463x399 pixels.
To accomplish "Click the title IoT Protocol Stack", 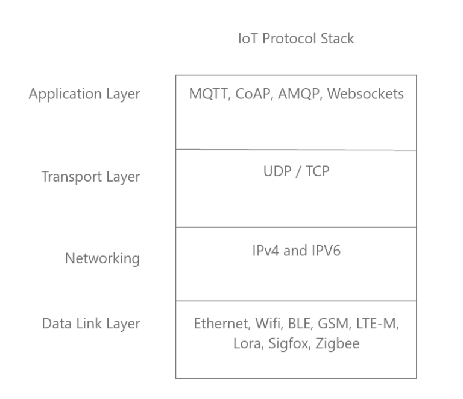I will pos(295,39).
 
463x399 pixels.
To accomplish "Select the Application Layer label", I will pos(84,94).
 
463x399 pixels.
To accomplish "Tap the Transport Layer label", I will pos(90,177).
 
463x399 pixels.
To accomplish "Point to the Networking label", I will pos(102,259).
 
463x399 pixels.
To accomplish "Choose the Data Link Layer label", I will pos(90,324).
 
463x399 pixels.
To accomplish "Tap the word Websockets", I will pos(367,94).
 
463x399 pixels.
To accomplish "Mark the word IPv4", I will pos(266,251).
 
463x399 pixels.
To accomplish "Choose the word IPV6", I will pos(326,251).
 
